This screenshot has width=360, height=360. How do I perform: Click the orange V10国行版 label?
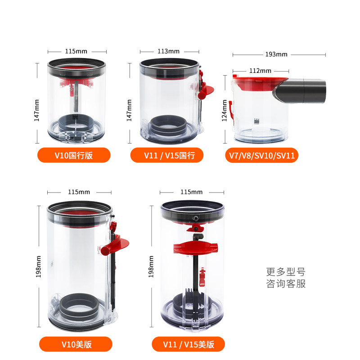point(74,155)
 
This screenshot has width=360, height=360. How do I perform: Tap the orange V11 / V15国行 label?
point(167,155)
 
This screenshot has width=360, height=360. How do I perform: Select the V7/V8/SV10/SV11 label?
point(261,155)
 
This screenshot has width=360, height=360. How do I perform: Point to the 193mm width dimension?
point(276,54)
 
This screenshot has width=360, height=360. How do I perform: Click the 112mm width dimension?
point(260,71)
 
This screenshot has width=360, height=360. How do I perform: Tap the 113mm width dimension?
point(168,51)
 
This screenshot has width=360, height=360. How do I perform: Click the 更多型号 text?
point(286,272)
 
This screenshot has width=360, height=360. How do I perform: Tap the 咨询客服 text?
point(286,284)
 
